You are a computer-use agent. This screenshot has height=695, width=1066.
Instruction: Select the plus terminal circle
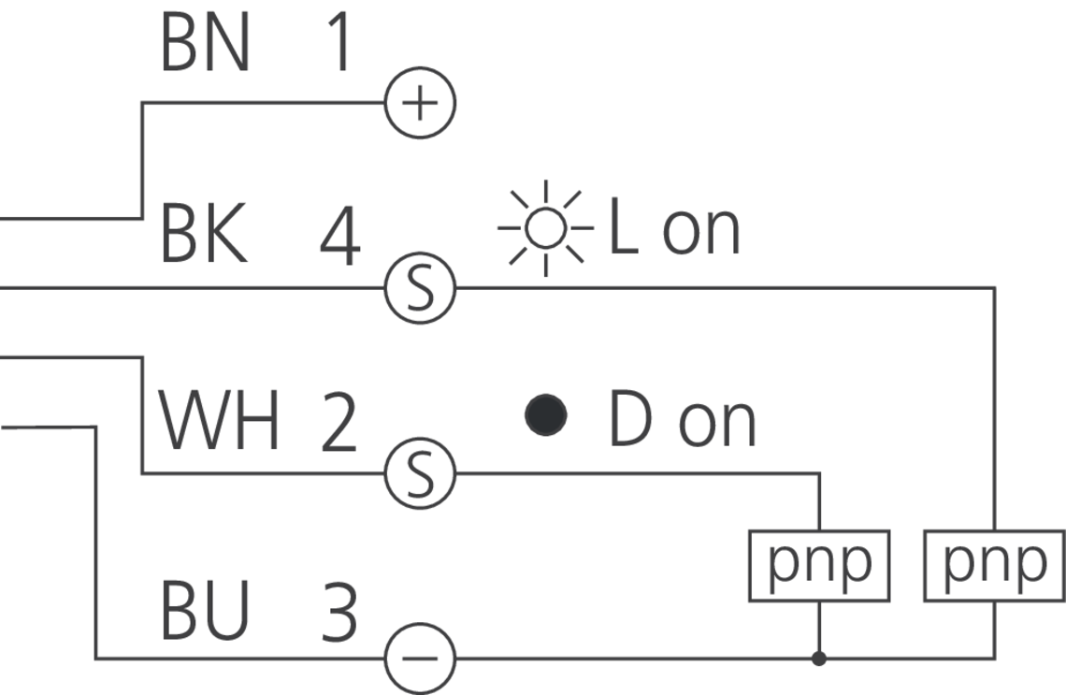[x=420, y=103]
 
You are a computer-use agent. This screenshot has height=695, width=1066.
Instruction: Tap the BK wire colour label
[x=205, y=235]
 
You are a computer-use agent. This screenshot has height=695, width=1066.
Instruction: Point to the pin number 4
[x=339, y=238]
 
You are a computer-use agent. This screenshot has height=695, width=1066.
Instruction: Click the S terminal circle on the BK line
[x=420, y=288]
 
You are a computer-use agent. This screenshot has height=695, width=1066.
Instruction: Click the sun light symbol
[x=545, y=227]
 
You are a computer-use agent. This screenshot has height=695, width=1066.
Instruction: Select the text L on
[x=673, y=227]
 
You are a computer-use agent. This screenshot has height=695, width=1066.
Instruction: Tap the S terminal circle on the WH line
[x=420, y=473]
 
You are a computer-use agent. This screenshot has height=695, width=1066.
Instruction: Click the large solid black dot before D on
[x=546, y=415]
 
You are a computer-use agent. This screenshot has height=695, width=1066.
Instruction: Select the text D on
[x=682, y=421]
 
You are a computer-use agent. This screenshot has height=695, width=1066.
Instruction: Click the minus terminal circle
[x=420, y=659]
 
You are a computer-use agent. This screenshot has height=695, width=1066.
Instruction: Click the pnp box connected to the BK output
[x=994, y=565]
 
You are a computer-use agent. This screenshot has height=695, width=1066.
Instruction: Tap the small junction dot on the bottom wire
[x=819, y=659]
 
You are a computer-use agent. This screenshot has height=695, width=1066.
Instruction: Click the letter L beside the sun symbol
[x=623, y=226]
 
